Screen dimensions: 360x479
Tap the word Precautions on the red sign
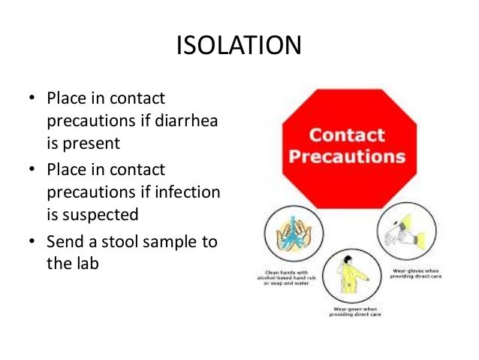pos(348,158)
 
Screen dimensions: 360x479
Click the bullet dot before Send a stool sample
pos(32,241)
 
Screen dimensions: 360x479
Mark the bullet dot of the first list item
pos(32,99)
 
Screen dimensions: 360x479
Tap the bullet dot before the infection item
pos(32,171)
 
